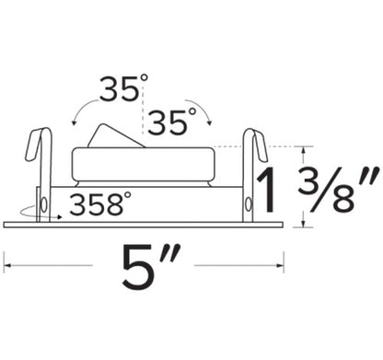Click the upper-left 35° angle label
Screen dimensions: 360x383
123,91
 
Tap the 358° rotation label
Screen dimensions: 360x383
100,204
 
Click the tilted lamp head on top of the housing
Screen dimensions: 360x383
116,134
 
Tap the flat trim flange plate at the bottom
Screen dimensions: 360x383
143,224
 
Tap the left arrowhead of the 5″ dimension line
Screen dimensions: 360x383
6,268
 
